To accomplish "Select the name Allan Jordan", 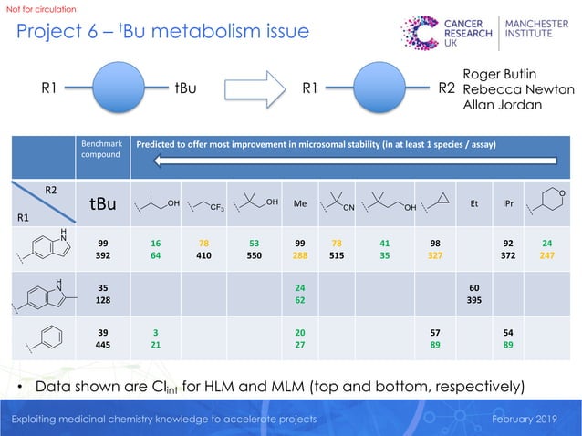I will click(503, 106).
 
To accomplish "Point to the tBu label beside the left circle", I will click(189, 90).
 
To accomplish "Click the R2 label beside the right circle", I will click(446, 90).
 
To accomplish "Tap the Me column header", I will click(299, 204).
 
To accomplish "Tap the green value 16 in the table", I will click(156, 244).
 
